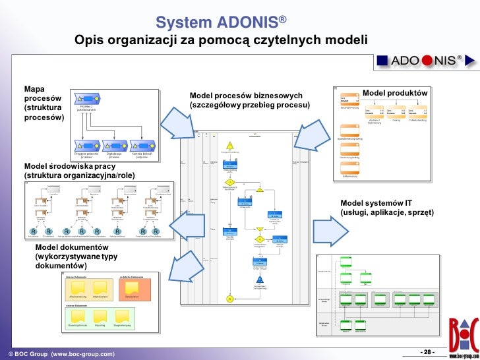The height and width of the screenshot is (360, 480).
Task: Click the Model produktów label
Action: click(x=395, y=94)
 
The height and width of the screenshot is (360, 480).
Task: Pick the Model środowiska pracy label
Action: click(x=80, y=171)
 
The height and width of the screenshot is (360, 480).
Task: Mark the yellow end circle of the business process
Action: click(x=229, y=299)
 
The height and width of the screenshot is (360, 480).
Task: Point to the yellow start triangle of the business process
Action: click(x=230, y=146)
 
